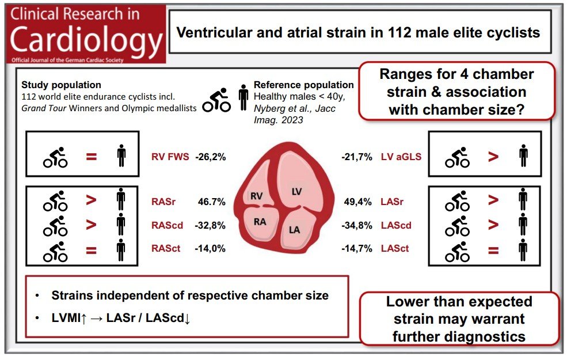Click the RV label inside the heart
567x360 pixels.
point(256,196)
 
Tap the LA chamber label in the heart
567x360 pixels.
point(294,230)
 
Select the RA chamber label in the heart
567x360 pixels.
point(260,222)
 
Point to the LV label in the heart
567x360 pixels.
point(296,192)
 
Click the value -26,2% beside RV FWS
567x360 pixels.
point(211,157)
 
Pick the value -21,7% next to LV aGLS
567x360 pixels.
point(356,157)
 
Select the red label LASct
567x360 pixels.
point(395,249)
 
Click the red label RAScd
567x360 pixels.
point(167,225)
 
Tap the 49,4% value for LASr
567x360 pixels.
point(357,202)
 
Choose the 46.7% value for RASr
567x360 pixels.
point(211,202)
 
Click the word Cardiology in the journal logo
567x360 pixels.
point(86,40)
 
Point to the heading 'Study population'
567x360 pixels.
point(61,85)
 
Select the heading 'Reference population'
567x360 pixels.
point(304,85)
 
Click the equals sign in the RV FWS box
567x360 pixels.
point(91,157)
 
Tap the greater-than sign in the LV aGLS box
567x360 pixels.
point(493,157)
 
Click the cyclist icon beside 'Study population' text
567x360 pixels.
point(216,100)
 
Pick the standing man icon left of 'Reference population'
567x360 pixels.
point(243,97)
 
